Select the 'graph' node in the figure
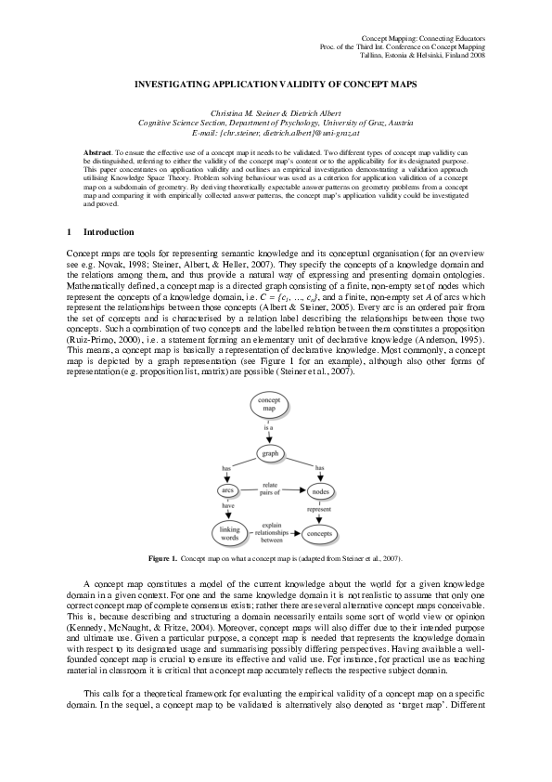pyautogui.click(x=269, y=454)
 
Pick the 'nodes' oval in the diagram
pyautogui.click(x=320, y=490)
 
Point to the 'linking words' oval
pyautogui.click(x=228, y=533)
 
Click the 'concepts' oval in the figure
pyautogui.click(x=319, y=534)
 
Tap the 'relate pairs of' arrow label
pyautogui.click(x=271, y=488)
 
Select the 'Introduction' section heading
pyautogui.click(x=109, y=231)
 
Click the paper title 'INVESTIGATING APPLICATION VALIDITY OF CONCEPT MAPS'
pyautogui.click(x=275, y=83)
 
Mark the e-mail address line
pyautogui.click(x=276, y=132)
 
